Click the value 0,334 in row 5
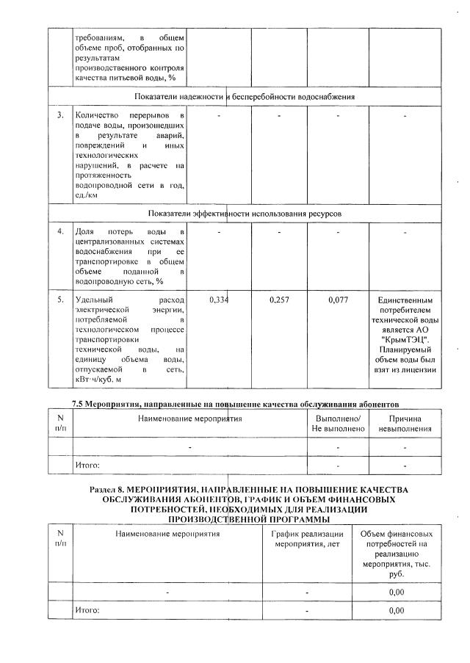(219, 300)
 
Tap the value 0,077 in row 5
(339, 300)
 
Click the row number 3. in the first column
(60, 116)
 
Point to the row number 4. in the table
(60, 232)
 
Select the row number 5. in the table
(60, 300)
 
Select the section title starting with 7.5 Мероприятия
(235, 404)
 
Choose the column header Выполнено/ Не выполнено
(337, 424)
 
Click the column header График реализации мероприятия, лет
(308, 540)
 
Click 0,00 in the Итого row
(397, 610)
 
